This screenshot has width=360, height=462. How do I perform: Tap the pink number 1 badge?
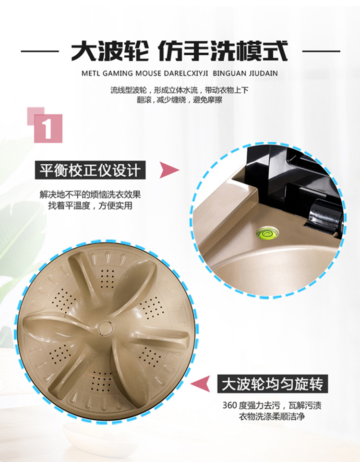(x=48, y=128)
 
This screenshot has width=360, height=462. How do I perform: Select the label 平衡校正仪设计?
(x=90, y=170)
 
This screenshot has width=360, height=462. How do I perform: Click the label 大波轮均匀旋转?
(x=273, y=384)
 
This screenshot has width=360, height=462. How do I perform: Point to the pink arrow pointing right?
(x=169, y=170)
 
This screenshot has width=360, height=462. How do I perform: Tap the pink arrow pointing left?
(x=200, y=384)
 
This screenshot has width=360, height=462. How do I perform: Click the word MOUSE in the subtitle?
(x=148, y=73)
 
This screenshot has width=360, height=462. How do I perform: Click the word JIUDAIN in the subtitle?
(x=263, y=73)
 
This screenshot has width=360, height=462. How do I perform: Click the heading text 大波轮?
(x=109, y=51)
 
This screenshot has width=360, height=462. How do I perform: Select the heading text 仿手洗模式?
(x=223, y=51)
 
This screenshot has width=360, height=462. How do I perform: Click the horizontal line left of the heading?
(x=40, y=51)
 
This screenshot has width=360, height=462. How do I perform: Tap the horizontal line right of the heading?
(x=321, y=51)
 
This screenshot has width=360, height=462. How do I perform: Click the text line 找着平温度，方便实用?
(x=90, y=206)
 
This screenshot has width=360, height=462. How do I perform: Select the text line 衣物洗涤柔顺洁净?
(x=271, y=417)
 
